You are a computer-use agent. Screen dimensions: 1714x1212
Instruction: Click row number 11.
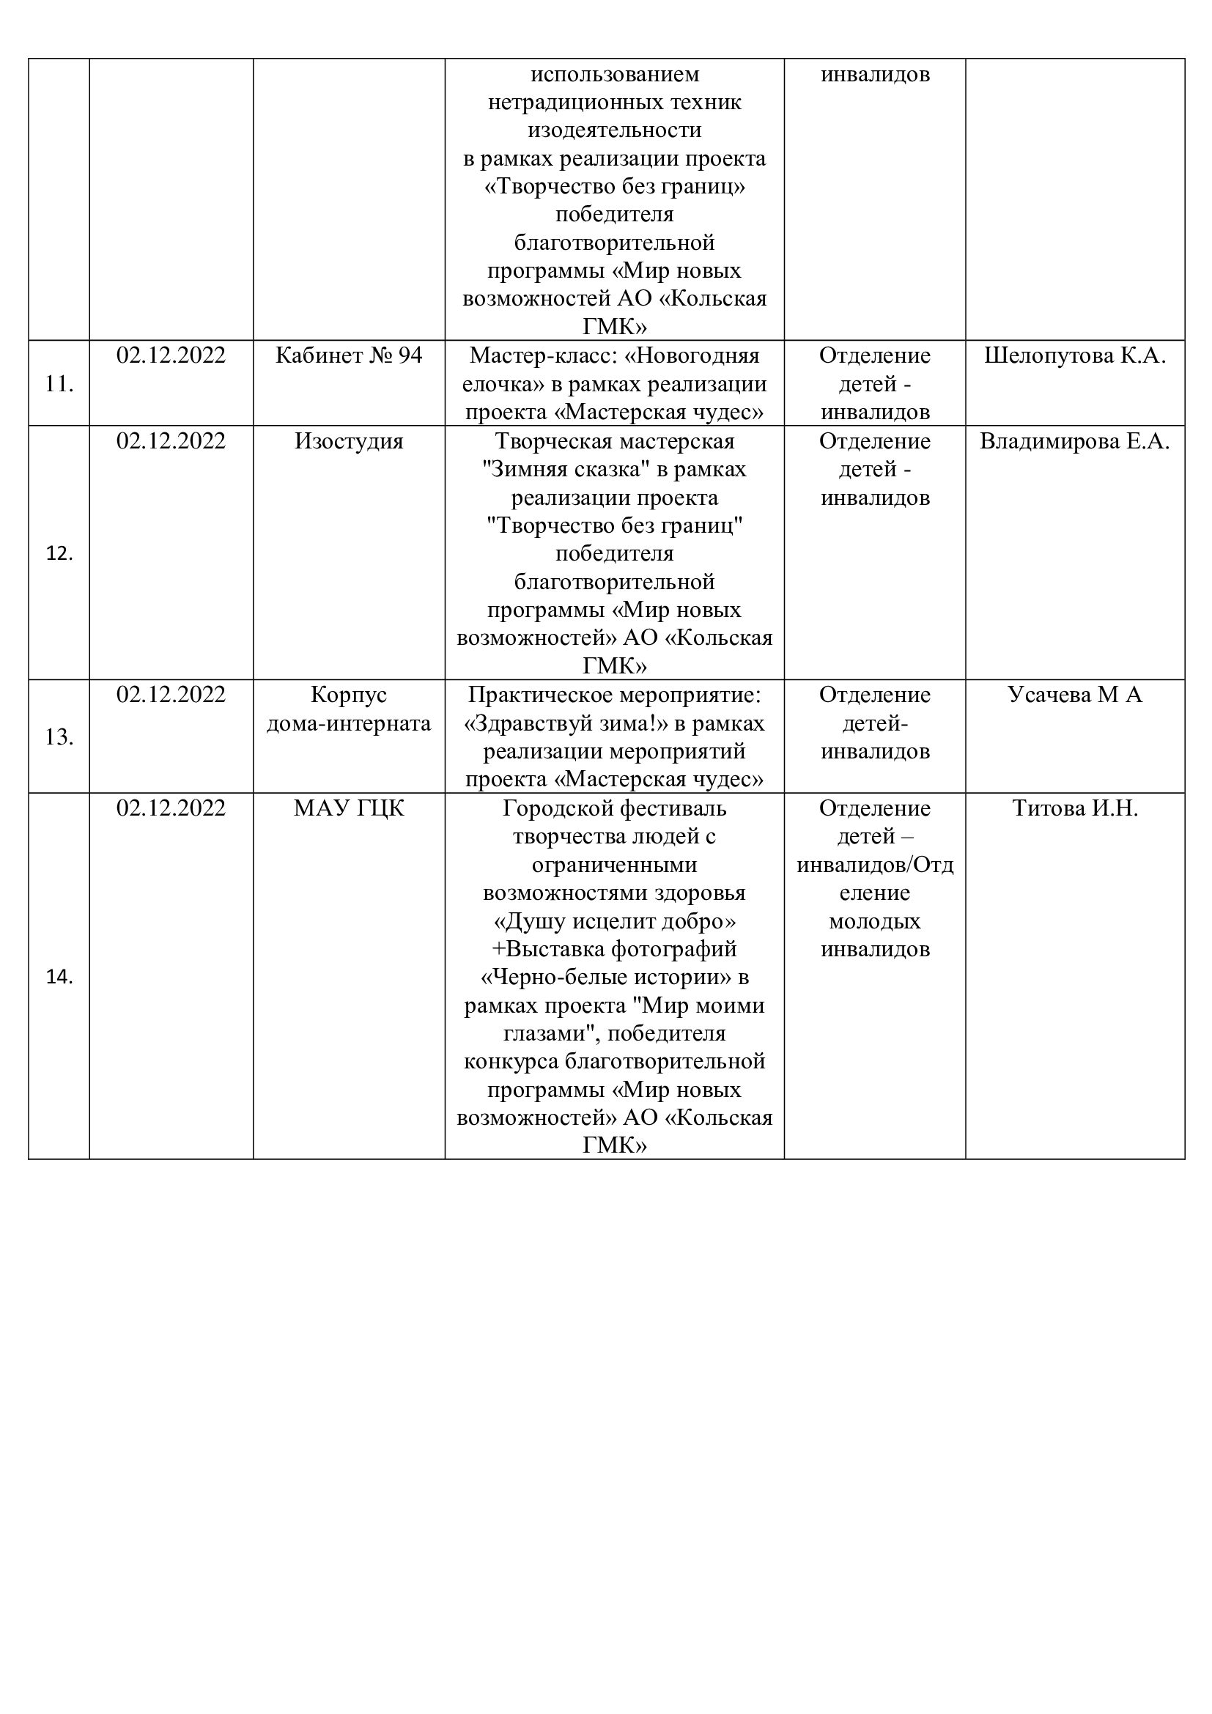pyautogui.click(x=58, y=385)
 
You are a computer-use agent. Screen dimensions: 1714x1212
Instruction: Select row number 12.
pyautogui.click(x=58, y=554)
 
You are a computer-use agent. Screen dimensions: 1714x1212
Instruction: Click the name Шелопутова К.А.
pyautogui.click(x=1075, y=355)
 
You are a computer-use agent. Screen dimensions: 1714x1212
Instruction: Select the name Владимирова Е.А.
pyautogui.click(x=1075, y=441)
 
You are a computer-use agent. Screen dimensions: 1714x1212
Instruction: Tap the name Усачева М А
pyautogui.click(x=1075, y=695)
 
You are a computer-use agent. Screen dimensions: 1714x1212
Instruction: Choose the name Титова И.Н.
pyautogui.click(x=1075, y=808)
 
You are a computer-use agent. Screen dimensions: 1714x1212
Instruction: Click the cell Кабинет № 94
pyautogui.click(x=349, y=355)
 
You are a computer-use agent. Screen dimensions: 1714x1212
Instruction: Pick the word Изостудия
pyautogui.click(x=349, y=441)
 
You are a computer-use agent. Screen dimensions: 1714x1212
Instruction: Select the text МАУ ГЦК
pyautogui.click(x=349, y=808)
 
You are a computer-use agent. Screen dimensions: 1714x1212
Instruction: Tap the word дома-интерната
pyautogui.click(x=349, y=723)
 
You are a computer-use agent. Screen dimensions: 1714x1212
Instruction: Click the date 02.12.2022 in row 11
pyautogui.click(x=171, y=355)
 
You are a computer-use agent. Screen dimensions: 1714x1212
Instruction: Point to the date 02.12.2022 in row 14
pyautogui.click(x=171, y=808)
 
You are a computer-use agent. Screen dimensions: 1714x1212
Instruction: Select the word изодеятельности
pyautogui.click(x=614, y=130)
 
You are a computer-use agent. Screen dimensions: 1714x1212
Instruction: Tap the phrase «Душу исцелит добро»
pyautogui.click(x=614, y=921)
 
